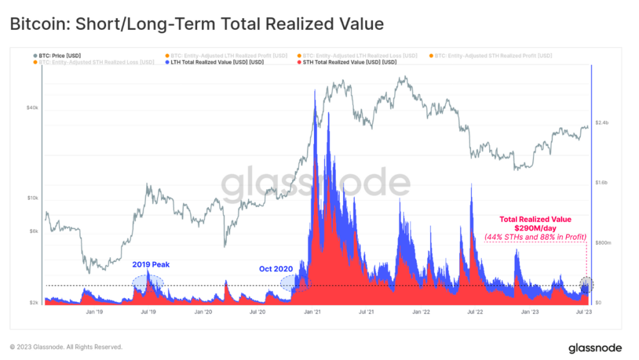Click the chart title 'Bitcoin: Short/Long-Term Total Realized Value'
(196, 24)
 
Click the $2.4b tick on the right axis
(602, 123)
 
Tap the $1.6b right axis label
(602, 183)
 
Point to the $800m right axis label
(603, 243)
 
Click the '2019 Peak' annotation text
(150, 265)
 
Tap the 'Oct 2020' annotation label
(276, 269)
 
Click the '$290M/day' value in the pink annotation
(534, 228)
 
